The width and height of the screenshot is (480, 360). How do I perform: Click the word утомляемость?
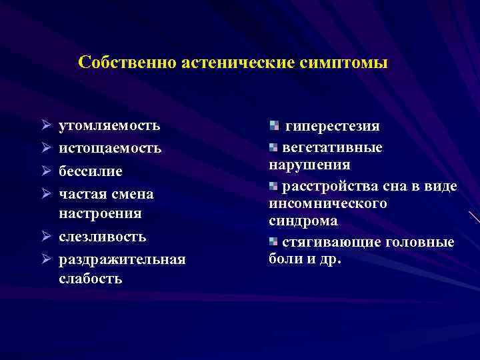point(109,125)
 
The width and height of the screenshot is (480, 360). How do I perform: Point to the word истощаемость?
point(110,147)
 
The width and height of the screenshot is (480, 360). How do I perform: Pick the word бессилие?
point(91,171)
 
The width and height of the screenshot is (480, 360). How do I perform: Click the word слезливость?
point(103,237)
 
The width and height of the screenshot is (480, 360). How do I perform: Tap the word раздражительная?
point(122,258)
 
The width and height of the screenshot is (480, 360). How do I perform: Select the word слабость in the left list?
point(90,279)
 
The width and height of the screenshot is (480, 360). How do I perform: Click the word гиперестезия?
point(333,126)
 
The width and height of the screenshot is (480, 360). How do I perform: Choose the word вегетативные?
point(333,147)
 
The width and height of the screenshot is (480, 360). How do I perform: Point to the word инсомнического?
point(328,203)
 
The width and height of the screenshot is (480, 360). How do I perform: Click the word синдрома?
point(303,220)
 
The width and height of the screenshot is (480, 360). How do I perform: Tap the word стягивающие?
point(323,241)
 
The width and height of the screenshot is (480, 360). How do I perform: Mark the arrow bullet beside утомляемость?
point(44,125)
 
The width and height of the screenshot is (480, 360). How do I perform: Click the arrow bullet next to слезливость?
point(44,237)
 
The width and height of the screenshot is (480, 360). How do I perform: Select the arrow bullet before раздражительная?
point(44,259)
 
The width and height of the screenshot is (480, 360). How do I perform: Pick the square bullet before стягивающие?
point(274,241)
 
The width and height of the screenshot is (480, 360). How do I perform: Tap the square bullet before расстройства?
point(274,185)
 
